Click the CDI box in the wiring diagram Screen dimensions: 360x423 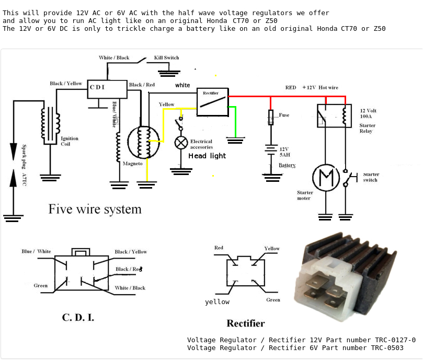click(107, 89)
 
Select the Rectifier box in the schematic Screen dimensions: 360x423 click(212, 101)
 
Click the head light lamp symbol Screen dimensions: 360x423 click(181, 142)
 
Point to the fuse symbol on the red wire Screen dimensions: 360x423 click(271, 117)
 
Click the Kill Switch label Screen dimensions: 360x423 click(166, 57)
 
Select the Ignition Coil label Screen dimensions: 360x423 click(70, 141)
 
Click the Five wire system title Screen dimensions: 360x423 click(95, 209)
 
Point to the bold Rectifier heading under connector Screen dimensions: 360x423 click(246, 323)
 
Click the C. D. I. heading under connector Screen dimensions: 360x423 click(78, 317)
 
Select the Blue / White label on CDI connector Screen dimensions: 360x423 click(36, 251)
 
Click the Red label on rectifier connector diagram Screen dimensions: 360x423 click(219, 248)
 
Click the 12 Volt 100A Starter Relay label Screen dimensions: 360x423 click(368, 121)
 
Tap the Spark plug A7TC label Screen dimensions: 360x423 click(24, 166)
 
